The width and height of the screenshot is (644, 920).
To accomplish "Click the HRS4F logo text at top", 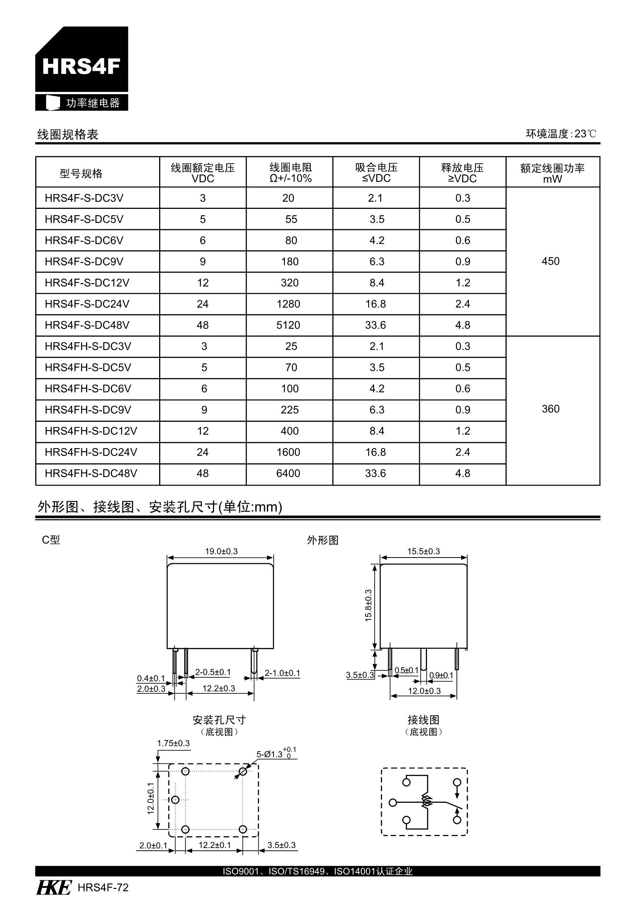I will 81,66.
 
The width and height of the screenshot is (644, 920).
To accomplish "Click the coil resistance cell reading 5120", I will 288,325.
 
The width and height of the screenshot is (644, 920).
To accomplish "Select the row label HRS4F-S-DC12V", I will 87,283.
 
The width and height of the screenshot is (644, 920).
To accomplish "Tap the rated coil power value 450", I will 550,262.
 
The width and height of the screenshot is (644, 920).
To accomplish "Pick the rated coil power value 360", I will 550,409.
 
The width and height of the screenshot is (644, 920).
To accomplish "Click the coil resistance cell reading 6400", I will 288,474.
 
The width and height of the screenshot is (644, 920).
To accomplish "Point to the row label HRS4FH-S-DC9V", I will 88,410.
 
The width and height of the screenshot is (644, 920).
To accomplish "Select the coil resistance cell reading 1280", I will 288,304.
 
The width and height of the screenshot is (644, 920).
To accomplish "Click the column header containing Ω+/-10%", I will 290,173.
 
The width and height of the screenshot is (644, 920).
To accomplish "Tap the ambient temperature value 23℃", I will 585,134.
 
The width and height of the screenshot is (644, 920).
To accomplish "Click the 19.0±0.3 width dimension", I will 221,551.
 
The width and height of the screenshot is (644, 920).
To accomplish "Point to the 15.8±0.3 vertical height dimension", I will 368,605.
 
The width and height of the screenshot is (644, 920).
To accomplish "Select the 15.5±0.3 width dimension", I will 423,551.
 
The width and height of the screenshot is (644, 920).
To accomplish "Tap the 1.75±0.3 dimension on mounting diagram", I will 173,743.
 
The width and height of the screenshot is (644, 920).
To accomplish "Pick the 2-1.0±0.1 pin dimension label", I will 282,673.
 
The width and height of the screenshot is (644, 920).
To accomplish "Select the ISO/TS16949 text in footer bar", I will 296,871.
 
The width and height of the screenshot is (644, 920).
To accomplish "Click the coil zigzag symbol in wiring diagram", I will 427,801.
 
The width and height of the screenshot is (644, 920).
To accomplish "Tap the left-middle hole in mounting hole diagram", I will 175,800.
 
